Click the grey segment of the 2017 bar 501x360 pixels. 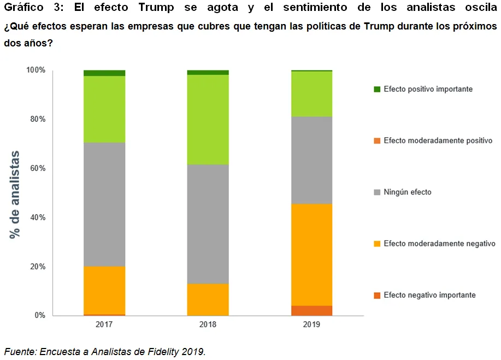coord(104,204)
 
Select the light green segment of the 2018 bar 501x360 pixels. coord(208,119)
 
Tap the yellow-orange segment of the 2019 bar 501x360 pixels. coord(311,255)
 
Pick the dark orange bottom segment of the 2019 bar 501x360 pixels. coord(311,310)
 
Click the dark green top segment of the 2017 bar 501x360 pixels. coord(104,73)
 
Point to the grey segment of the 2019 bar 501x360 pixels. coord(311,160)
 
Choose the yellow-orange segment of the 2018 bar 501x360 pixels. coord(208,299)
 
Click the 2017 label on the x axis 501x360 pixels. coord(104,324)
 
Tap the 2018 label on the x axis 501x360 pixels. coord(208,324)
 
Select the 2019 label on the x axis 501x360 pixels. coord(311,324)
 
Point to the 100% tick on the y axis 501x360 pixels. coord(36,70)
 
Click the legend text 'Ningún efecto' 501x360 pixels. coord(407,192)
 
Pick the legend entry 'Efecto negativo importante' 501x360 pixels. coord(429,295)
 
